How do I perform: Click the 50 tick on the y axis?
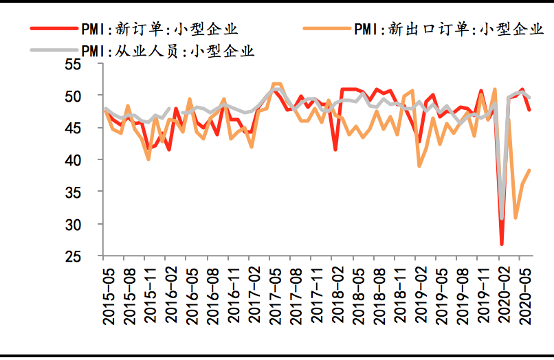coord(91,95)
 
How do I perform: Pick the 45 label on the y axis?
coord(91,128)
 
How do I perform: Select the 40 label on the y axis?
coord(91,160)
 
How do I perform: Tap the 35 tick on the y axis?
coord(91,192)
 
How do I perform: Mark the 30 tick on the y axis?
coord(91,225)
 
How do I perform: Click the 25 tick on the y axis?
coord(91,256)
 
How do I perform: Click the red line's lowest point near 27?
coord(502,244)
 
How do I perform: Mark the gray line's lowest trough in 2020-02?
coord(502,218)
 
